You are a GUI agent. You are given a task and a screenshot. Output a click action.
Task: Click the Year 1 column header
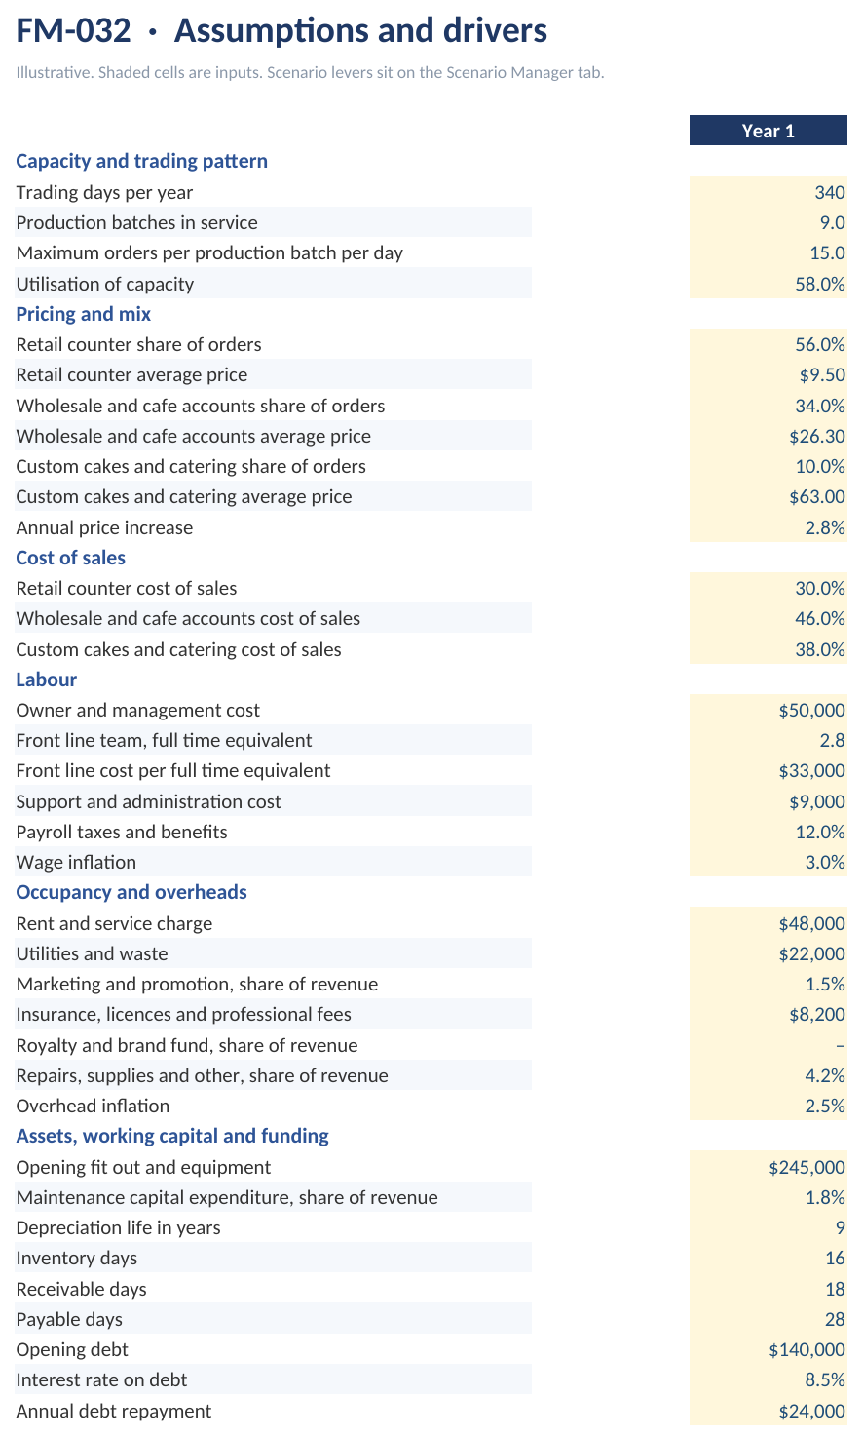[x=768, y=131]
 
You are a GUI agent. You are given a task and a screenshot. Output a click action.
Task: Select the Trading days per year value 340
[x=830, y=192]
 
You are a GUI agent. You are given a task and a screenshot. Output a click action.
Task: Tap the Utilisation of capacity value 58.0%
[x=820, y=284]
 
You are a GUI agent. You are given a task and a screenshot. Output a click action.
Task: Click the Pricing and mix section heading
[x=84, y=314]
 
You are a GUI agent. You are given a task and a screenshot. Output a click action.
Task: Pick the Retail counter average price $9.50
[x=822, y=374]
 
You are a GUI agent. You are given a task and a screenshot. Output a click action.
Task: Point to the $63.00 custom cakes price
[x=817, y=496]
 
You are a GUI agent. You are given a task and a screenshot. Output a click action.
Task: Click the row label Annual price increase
[x=104, y=527]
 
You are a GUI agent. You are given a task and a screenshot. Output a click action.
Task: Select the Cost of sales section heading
[x=70, y=558]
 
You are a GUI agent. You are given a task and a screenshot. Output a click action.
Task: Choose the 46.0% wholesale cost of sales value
[x=820, y=618]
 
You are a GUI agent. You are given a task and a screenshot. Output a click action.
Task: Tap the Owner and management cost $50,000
[x=811, y=710]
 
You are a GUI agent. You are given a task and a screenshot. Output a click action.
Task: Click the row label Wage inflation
[x=76, y=862]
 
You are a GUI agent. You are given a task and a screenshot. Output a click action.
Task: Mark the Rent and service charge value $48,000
[x=811, y=924]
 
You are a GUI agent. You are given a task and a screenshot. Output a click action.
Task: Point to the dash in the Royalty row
[x=841, y=1046]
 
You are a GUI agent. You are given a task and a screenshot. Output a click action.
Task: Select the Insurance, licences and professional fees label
[x=184, y=1014]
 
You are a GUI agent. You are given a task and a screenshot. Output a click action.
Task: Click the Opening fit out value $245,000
[x=807, y=1168]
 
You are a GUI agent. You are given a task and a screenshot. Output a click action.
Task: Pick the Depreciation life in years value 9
[x=841, y=1227]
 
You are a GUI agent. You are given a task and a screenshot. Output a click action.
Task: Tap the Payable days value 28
[x=835, y=1319]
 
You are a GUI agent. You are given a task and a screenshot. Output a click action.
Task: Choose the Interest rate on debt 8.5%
[x=825, y=1379]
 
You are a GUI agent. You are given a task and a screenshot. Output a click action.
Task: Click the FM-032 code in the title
[x=73, y=30]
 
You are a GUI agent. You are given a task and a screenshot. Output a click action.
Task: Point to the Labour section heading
[x=46, y=680]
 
